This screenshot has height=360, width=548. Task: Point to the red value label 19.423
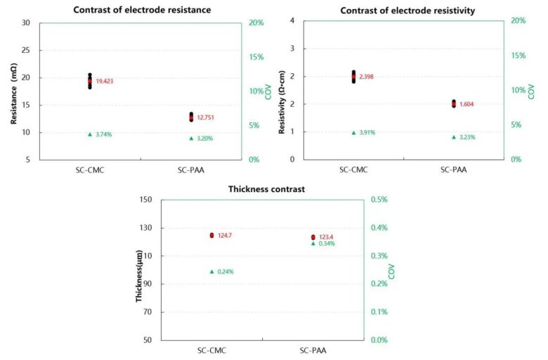(x=105, y=82)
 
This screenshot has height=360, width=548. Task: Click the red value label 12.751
(x=206, y=117)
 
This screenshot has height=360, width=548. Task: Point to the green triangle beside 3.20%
(x=191, y=138)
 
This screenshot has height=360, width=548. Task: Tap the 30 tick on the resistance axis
(x=26, y=22)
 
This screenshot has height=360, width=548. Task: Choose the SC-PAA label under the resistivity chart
(x=454, y=169)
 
